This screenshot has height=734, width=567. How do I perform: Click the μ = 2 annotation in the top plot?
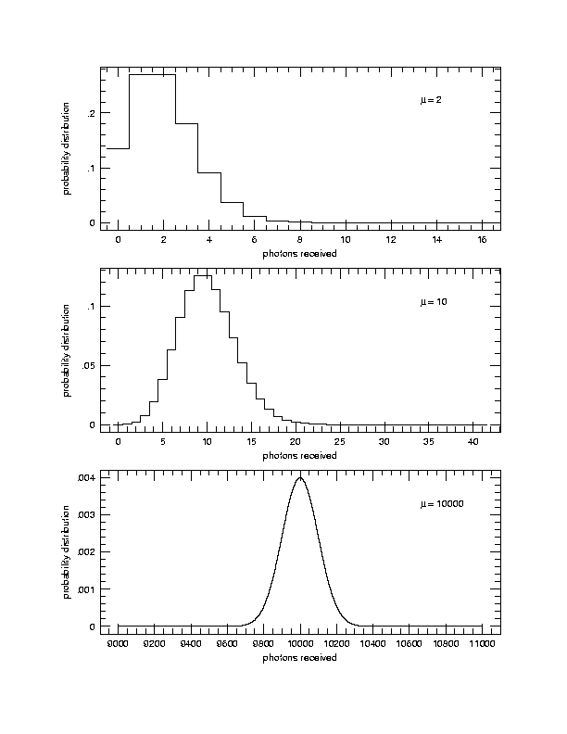[x=431, y=100]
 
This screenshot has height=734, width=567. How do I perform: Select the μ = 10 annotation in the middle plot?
[x=434, y=302]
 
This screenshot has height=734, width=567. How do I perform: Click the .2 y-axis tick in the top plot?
[x=90, y=113]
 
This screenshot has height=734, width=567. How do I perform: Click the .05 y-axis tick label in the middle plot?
[x=87, y=366]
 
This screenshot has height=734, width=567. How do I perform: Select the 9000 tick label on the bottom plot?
[x=119, y=643]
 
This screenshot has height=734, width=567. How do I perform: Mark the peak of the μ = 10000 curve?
[x=300, y=478]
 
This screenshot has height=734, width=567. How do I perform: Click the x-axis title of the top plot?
[x=299, y=253]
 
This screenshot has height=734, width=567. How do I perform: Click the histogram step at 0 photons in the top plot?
[x=118, y=148]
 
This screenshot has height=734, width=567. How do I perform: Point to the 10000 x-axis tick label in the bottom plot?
[x=300, y=643]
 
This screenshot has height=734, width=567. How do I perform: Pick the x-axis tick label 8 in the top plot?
[x=300, y=240]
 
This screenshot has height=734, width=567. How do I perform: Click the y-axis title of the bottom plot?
[x=67, y=551]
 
